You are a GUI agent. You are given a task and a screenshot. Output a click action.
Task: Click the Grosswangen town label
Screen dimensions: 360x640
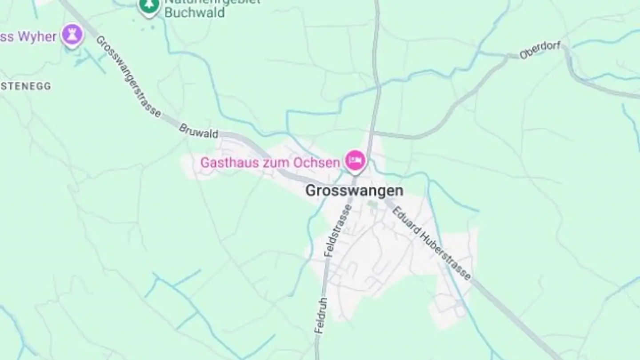click(354, 191)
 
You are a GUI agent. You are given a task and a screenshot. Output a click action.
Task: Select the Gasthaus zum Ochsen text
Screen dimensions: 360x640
click(270, 163)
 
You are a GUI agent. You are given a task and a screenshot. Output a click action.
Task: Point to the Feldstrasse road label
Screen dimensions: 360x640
click(338, 230)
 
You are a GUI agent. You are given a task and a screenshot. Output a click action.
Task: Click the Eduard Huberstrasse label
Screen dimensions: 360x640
click(431, 243)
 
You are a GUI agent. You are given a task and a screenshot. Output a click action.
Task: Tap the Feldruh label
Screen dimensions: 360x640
click(321, 316)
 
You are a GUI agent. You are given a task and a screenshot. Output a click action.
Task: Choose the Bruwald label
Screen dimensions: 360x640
click(199, 131)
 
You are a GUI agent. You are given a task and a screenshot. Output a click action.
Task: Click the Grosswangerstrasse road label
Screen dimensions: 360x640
click(128, 76)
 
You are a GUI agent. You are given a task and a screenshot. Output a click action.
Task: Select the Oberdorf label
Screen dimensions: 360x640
click(540, 50)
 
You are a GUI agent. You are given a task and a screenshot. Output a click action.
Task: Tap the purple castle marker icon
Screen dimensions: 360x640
click(72, 35)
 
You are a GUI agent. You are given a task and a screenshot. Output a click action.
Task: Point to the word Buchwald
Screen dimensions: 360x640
click(194, 12)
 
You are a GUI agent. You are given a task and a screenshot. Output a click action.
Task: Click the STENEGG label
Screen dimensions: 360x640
click(25, 86)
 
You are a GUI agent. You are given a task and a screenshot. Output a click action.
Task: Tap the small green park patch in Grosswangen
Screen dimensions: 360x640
click(372, 205)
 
